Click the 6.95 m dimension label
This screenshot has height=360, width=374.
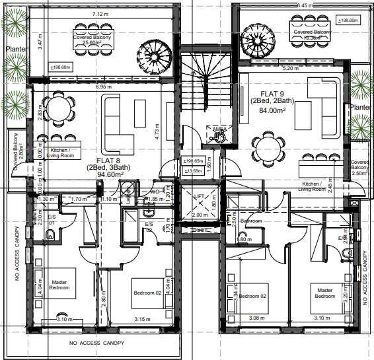pyautogui.click(x=104, y=87)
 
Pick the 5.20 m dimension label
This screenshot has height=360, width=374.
pyautogui.click(x=291, y=68)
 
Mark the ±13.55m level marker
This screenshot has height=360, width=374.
pyautogui.click(x=194, y=170)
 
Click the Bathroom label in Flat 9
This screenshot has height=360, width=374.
pyautogui.click(x=251, y=221)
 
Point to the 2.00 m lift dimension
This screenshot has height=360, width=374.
pyautogui.click(x=198, y=215)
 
